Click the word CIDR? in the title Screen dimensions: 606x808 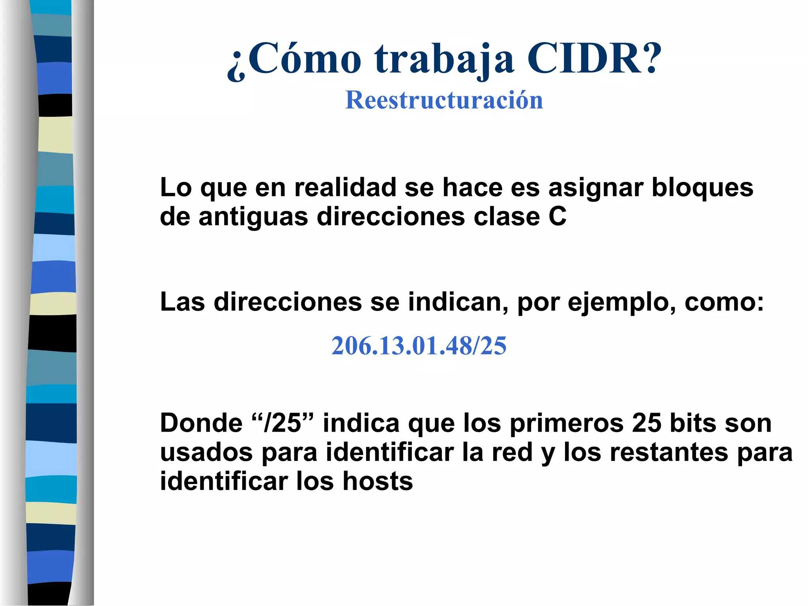tap(594, 59)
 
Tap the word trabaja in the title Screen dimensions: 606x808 tap(445, 60)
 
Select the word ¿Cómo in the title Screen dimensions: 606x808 tap(294, 60)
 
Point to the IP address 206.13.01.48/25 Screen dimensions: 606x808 tap(419, 346)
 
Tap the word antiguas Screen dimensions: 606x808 tap(253, 217)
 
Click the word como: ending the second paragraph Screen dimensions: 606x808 tap(724, 302)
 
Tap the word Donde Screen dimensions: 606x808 tap(201, 423)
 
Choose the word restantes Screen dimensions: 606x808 tap(669, 453)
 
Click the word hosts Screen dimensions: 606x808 tap(378, 481)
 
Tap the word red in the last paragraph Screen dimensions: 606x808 tap(512, 453)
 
